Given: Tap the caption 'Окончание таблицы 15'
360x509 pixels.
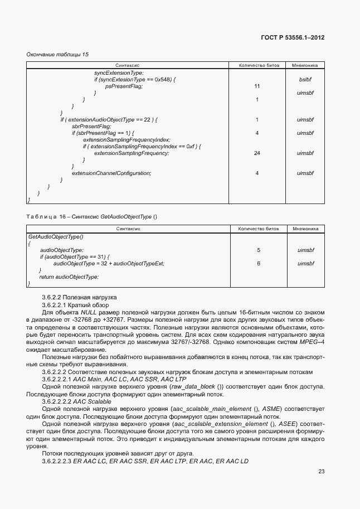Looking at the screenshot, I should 57,54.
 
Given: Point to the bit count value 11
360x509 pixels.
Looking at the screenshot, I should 257,86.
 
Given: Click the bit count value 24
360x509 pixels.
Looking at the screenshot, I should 257,153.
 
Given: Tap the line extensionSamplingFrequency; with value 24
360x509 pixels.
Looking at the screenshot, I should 131,153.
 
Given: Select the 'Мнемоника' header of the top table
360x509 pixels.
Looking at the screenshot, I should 305,65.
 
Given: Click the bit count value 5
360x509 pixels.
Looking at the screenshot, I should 259,250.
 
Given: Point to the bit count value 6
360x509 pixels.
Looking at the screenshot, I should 259,263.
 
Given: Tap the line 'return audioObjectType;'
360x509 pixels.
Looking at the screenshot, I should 69,277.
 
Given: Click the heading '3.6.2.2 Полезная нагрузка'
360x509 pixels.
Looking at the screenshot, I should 79,297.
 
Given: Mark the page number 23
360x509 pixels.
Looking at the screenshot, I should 321,471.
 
